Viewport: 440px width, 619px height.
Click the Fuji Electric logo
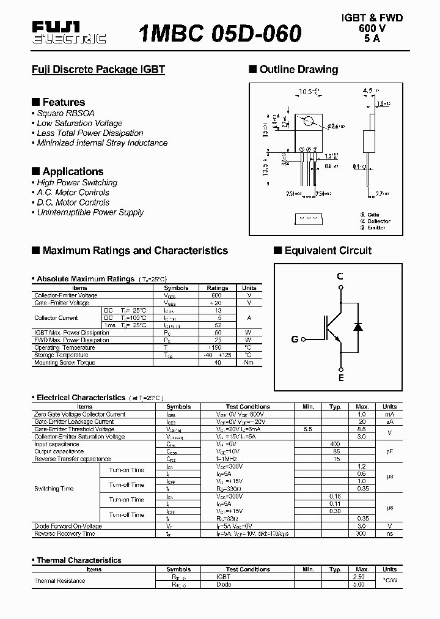tap(68, 32)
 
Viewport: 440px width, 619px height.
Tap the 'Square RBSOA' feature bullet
tap(65, 113)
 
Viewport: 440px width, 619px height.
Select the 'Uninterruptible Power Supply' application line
tap(90, 212)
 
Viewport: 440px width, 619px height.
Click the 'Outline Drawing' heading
tap(298, 70)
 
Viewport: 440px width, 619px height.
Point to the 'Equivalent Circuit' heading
tap(328, 250)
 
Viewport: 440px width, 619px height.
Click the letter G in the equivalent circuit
tap(295, 339)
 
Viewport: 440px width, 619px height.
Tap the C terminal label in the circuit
tap(340, 276)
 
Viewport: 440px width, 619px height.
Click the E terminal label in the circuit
tap(341, 378)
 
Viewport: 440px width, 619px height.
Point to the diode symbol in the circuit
tap(358, 327)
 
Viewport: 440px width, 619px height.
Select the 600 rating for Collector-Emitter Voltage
tap(217, 295)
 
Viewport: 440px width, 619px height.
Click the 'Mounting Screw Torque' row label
tap(65, 363)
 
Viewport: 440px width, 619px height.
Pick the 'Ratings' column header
tap(217, 287)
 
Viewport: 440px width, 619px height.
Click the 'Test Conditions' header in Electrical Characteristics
tap(248, 407)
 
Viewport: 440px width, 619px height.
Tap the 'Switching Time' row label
tap(54, 489)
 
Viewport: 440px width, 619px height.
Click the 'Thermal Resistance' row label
tap(60, 580)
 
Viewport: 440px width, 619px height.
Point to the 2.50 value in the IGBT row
tap(359, 577)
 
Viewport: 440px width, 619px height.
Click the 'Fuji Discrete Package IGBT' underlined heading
tap(98, 70)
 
